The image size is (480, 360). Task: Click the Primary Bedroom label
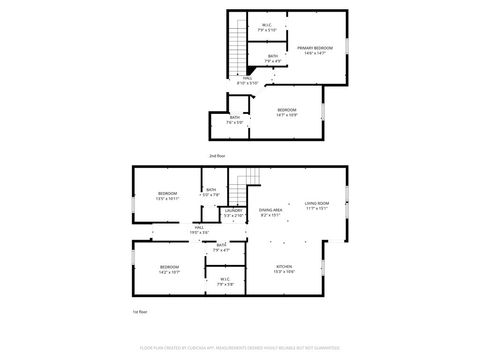pyautogui.click(x=314, y=50)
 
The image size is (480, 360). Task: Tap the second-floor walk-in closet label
pyautogui.click(x=267, y=27)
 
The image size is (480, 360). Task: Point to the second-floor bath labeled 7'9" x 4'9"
pyautogui.click(x=272, y=59)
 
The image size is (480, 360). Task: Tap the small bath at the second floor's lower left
pyautogui.click(x=235, y=120)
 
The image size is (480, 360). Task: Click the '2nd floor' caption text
pyautogui.click(x=217, y=157)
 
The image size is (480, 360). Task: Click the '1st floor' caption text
pyautogui.click(x=140, y=313)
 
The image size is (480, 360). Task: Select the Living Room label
pyautogui.click(x=317, y=207)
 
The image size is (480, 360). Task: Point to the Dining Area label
pyautogui.click(x=271, y=212)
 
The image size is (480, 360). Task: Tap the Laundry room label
pyautogui.click(x=234, y=213)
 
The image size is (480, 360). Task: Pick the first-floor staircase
pyautogui.click(x=247, y=183)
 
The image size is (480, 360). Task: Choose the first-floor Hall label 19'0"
pyautogui.click(x=201, y=229)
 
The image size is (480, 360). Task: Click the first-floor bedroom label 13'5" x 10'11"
pyautogui.click(x=167, y=196)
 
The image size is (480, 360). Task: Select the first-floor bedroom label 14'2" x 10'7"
pyautogui.click(x=167, y=269)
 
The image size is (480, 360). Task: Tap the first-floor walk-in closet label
pyautogui.click(x=225, y=282)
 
